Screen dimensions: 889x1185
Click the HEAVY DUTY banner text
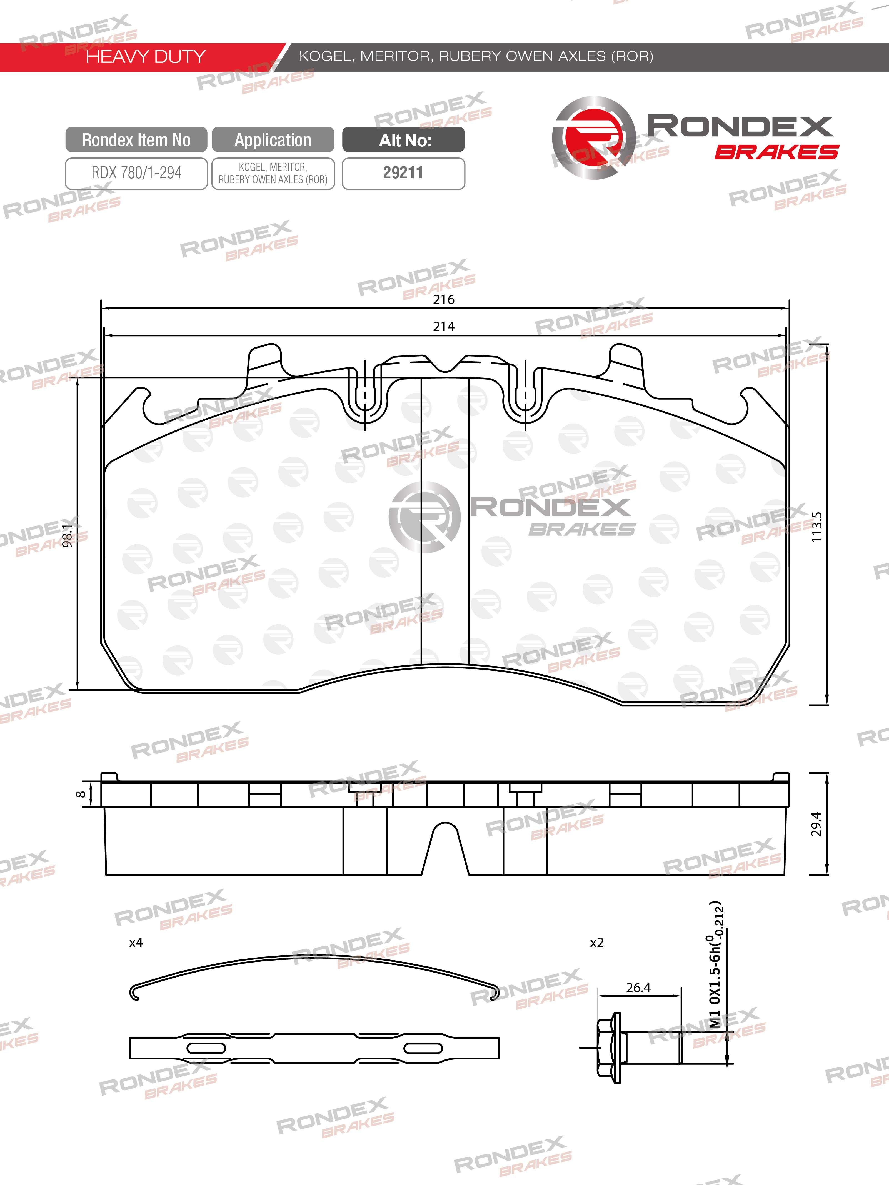[146, 56]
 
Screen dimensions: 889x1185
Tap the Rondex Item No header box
[136, 140]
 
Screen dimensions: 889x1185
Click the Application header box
[273, 140]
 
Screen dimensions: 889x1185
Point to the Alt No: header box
[403, 140]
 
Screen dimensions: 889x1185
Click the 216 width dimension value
[444, 299]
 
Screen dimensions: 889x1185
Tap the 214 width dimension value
[444, 326]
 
